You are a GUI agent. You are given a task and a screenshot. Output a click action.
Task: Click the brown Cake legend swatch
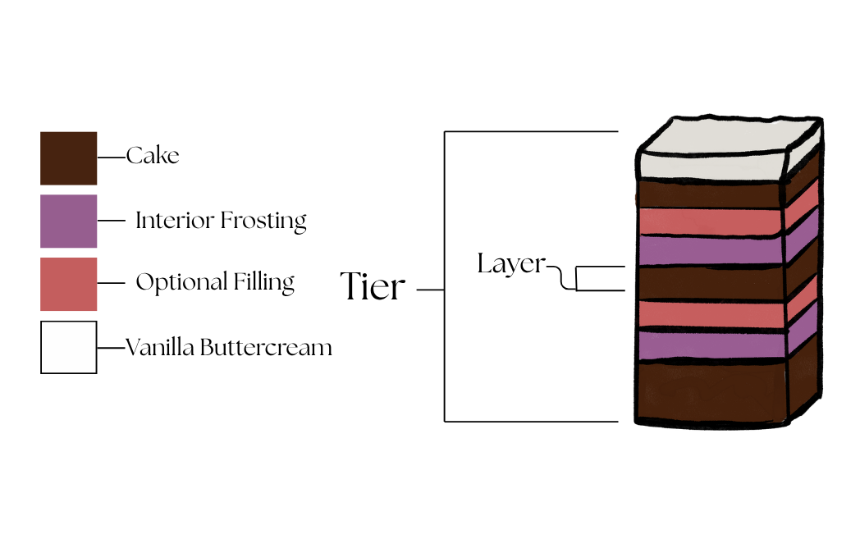coord(68,158)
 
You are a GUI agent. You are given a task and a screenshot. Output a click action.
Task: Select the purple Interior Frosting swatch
coord(68,221)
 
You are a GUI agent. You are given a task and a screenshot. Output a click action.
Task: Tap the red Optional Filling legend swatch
coord(68,284)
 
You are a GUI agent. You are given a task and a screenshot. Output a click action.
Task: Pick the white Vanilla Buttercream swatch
coord(68,347)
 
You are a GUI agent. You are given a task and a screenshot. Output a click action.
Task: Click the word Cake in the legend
coord(153,155)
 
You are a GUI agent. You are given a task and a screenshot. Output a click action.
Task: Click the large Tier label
coord(373,287)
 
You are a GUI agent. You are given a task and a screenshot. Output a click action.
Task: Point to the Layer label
coord(510,263)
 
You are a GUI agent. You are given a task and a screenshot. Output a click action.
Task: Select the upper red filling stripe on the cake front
coord(711,221)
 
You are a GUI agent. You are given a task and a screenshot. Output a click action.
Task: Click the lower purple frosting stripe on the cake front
coord(711,345)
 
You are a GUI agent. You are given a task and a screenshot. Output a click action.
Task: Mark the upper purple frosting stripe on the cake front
coord(711,250)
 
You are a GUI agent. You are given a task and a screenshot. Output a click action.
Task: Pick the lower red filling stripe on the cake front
coord(711,313)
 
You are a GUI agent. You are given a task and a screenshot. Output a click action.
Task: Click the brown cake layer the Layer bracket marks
coord(711,281)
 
